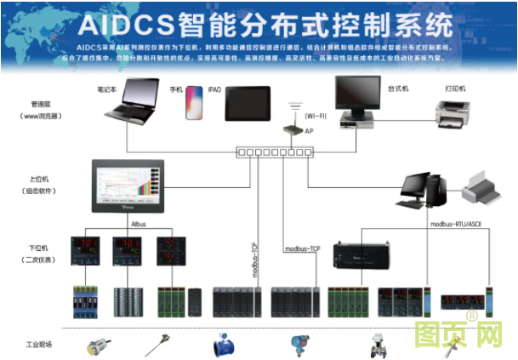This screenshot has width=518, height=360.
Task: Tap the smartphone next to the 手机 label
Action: point(196,103)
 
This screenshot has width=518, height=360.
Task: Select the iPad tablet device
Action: point(248,103)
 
